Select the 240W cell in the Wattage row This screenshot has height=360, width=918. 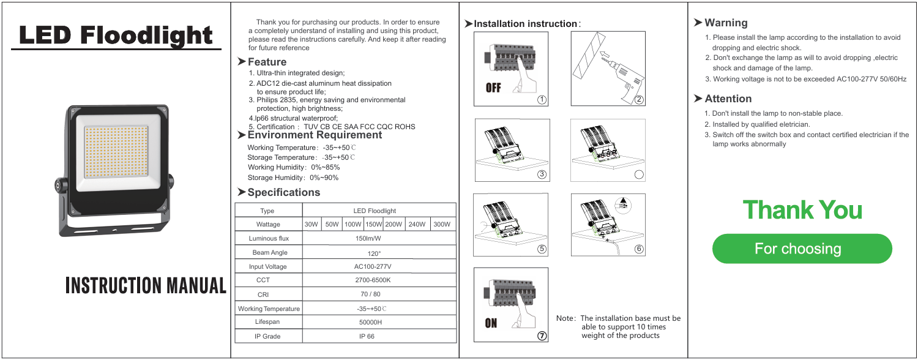point(416,225)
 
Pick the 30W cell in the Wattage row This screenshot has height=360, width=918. point(312,225)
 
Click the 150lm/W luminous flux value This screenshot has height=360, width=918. point(369,239)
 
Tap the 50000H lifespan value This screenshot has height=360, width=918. point(370,322)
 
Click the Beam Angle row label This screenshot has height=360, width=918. point(267,253)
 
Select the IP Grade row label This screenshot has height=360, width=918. point(267,336)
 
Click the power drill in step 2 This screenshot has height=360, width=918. point(621,76)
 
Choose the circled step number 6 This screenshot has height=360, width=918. point(639,248)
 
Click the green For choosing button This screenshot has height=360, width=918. point(802,249)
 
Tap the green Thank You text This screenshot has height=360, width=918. point(802,210)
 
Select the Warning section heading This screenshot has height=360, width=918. point(726,23)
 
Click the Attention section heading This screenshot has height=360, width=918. point(728,99)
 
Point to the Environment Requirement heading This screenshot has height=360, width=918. point(315,135)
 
